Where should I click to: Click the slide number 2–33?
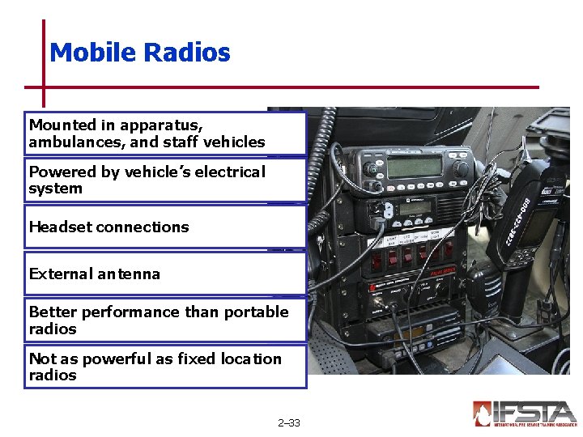tap(288, 422)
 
